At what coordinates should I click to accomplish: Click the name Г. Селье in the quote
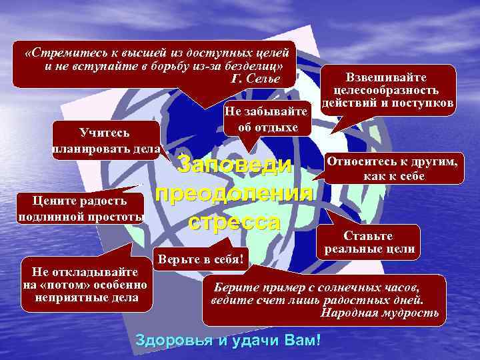tap(253, 79)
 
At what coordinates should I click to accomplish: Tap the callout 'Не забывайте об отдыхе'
tap(267, 119)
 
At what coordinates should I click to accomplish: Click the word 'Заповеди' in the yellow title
tap(237, 166)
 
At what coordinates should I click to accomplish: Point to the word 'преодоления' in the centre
tap(233, 194)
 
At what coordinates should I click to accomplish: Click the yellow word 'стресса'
tap(233, 221)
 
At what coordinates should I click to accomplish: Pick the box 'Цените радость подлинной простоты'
tap(80, 209)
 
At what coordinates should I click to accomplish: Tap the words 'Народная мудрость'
tap(380, 313)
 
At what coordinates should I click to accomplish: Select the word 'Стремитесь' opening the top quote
tap(61, 52)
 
